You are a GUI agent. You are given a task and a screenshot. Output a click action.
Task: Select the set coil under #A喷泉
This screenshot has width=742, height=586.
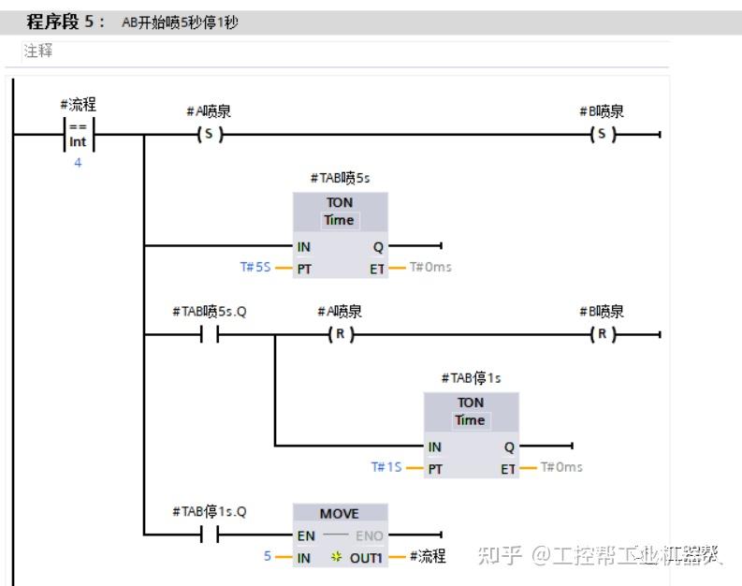click(x=209, y=135)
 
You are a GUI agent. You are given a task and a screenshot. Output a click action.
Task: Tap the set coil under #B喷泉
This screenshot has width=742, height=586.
click(x=603, y=135)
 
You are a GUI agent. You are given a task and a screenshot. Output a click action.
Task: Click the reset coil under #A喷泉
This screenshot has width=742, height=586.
click(x=340, y=334)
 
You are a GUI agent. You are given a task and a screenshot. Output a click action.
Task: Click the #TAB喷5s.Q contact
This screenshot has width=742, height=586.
click(x=209, y=334)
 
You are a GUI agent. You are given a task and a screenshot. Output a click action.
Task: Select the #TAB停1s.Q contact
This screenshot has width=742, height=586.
click(x=209, y=535)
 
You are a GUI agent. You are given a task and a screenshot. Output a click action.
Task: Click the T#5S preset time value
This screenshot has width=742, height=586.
click(x=255, y=267)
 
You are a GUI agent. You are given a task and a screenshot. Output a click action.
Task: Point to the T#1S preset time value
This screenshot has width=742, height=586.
click(x=386, y=467)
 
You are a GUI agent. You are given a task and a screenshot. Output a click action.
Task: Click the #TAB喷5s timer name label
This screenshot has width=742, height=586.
click(x=340, y=177)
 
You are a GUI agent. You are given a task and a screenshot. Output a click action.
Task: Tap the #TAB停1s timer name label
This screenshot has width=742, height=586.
click(x=471, y=377)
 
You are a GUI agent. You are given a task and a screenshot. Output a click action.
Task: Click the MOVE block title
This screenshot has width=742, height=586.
click(x=339, y=514)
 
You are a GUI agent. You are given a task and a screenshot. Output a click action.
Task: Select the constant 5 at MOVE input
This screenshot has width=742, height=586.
click(x=267, y=556)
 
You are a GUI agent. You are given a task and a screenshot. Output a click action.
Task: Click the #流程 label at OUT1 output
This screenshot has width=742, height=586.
click(x=428, y=557)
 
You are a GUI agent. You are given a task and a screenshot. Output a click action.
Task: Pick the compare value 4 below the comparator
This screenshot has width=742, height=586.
click(x=78, y=162)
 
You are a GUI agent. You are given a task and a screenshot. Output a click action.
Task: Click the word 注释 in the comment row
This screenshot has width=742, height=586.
click(x=38, y=51)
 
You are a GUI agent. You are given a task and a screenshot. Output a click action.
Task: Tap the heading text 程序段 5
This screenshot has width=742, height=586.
click(x=65, y=22)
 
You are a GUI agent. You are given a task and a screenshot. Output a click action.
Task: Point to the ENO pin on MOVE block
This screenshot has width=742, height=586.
click(x=369, y=535)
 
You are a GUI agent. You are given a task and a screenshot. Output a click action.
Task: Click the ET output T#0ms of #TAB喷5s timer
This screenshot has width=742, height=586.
click(x=430, y=267)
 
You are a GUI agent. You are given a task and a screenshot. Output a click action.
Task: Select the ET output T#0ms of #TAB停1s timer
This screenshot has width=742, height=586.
click(x=561, y=467)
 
